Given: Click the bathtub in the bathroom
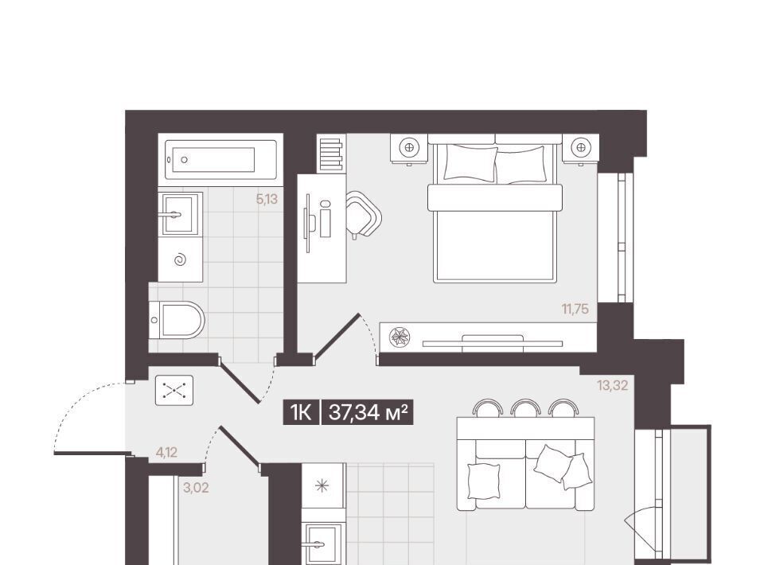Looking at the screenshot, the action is click(x=220, y=159).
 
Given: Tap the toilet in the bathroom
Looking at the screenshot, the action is click(x=177, y=320).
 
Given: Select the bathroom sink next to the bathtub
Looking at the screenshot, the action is click(x=180, y=214).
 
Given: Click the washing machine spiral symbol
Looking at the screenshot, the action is click(x=181, y=260).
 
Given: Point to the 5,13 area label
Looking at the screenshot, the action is click(x=267, y=199).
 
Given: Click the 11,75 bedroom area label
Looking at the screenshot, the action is click(x=575, y=309).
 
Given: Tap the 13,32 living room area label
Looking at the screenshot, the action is click(x=613, y=386).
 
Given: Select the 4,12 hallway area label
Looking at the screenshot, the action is click(x=166, y=453).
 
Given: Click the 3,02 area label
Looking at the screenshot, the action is click(x=196, y=488).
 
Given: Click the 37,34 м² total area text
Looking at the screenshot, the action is click(x=368, y=412).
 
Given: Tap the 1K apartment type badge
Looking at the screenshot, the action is click(x=301, y=412).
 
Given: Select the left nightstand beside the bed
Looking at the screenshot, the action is click(x=409, y=147).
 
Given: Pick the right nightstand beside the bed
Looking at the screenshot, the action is click(x=580, y=147).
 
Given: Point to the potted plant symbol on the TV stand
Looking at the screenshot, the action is click(x=399, y=337).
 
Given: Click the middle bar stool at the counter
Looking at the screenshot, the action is click(x=525, y=409).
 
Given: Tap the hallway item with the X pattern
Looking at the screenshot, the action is click(x=174, y=390).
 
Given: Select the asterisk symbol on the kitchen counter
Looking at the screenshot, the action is click(x=322, y=485).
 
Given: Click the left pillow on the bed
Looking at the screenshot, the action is click(x=470, y=162).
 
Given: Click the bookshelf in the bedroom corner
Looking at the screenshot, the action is click(x=331, y=154).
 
